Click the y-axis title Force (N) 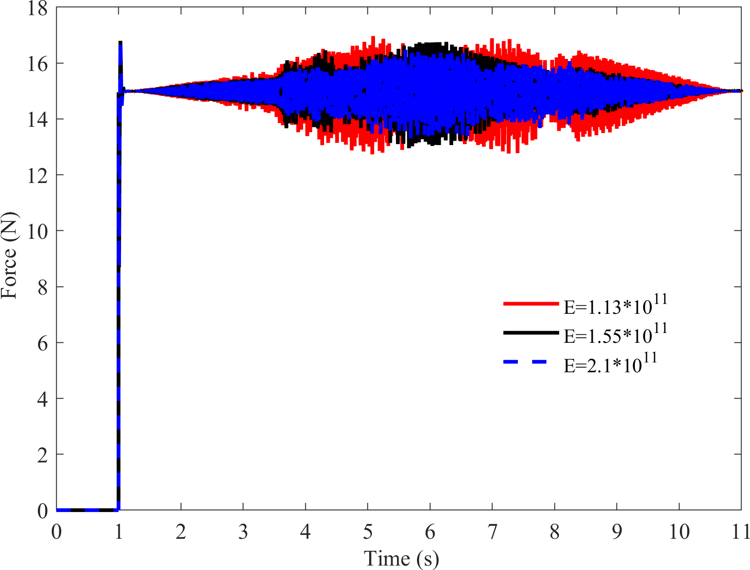[10, 255]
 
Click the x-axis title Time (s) [401, 558]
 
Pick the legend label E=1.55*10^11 [615, 334]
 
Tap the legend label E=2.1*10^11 [610, 364]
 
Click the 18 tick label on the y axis [37, 8]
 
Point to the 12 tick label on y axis [37, 176]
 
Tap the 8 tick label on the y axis [42, 287]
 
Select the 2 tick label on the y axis [42, 455]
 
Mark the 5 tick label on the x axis [368, 532]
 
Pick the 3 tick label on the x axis [243, 532]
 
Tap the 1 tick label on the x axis [119, 532]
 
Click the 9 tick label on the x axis [617, 532]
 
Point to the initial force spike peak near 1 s [120, 43]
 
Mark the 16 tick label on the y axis [37, 64]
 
